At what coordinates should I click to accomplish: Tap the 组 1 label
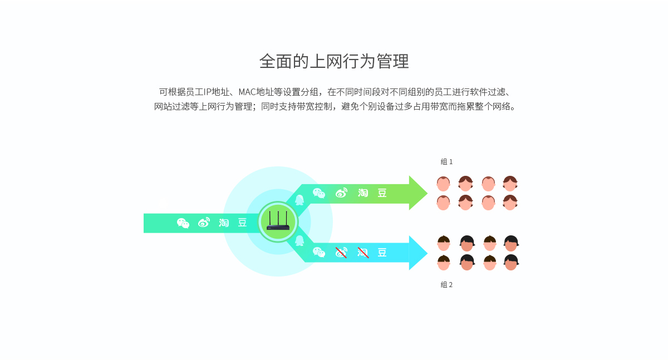tap(446, 162)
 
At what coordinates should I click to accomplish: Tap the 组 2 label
tap(446, 284)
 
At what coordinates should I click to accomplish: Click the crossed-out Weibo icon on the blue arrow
tap(341, 253)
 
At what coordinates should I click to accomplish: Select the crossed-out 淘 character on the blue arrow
tap(363, 253)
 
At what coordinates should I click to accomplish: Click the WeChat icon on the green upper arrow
tap(319, 193)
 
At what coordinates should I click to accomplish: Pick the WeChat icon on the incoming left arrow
tap(183, 223)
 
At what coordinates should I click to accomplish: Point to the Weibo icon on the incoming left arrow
tap(204, 223)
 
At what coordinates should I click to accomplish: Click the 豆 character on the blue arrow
tap(382, 253)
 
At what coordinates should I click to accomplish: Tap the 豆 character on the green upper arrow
tap(382, 193)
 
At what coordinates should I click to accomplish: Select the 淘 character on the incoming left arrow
tap(224, 223)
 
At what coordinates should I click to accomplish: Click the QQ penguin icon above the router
tap(299, 200)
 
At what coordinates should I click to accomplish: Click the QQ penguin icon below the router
tap(299, 240)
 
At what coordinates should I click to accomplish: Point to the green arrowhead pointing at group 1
tap(418, 193)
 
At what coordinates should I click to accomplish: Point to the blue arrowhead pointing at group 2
tap(418, 253)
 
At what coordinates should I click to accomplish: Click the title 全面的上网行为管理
tap(334, 61)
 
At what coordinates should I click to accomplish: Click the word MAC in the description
tap(247, 92)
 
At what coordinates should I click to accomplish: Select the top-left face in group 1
tap(443, 184)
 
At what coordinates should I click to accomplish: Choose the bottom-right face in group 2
tap(511, 262)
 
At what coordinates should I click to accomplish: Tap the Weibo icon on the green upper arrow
tap(341, 193)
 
